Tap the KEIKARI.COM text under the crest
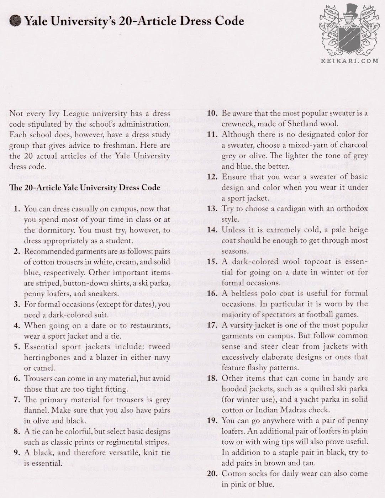coord(350,61)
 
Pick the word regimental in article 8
coord(118,442)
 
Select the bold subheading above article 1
coord(85,188)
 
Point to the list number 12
coord(212,177)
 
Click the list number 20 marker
coord(212,474)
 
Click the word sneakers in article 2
coord(102,294)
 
